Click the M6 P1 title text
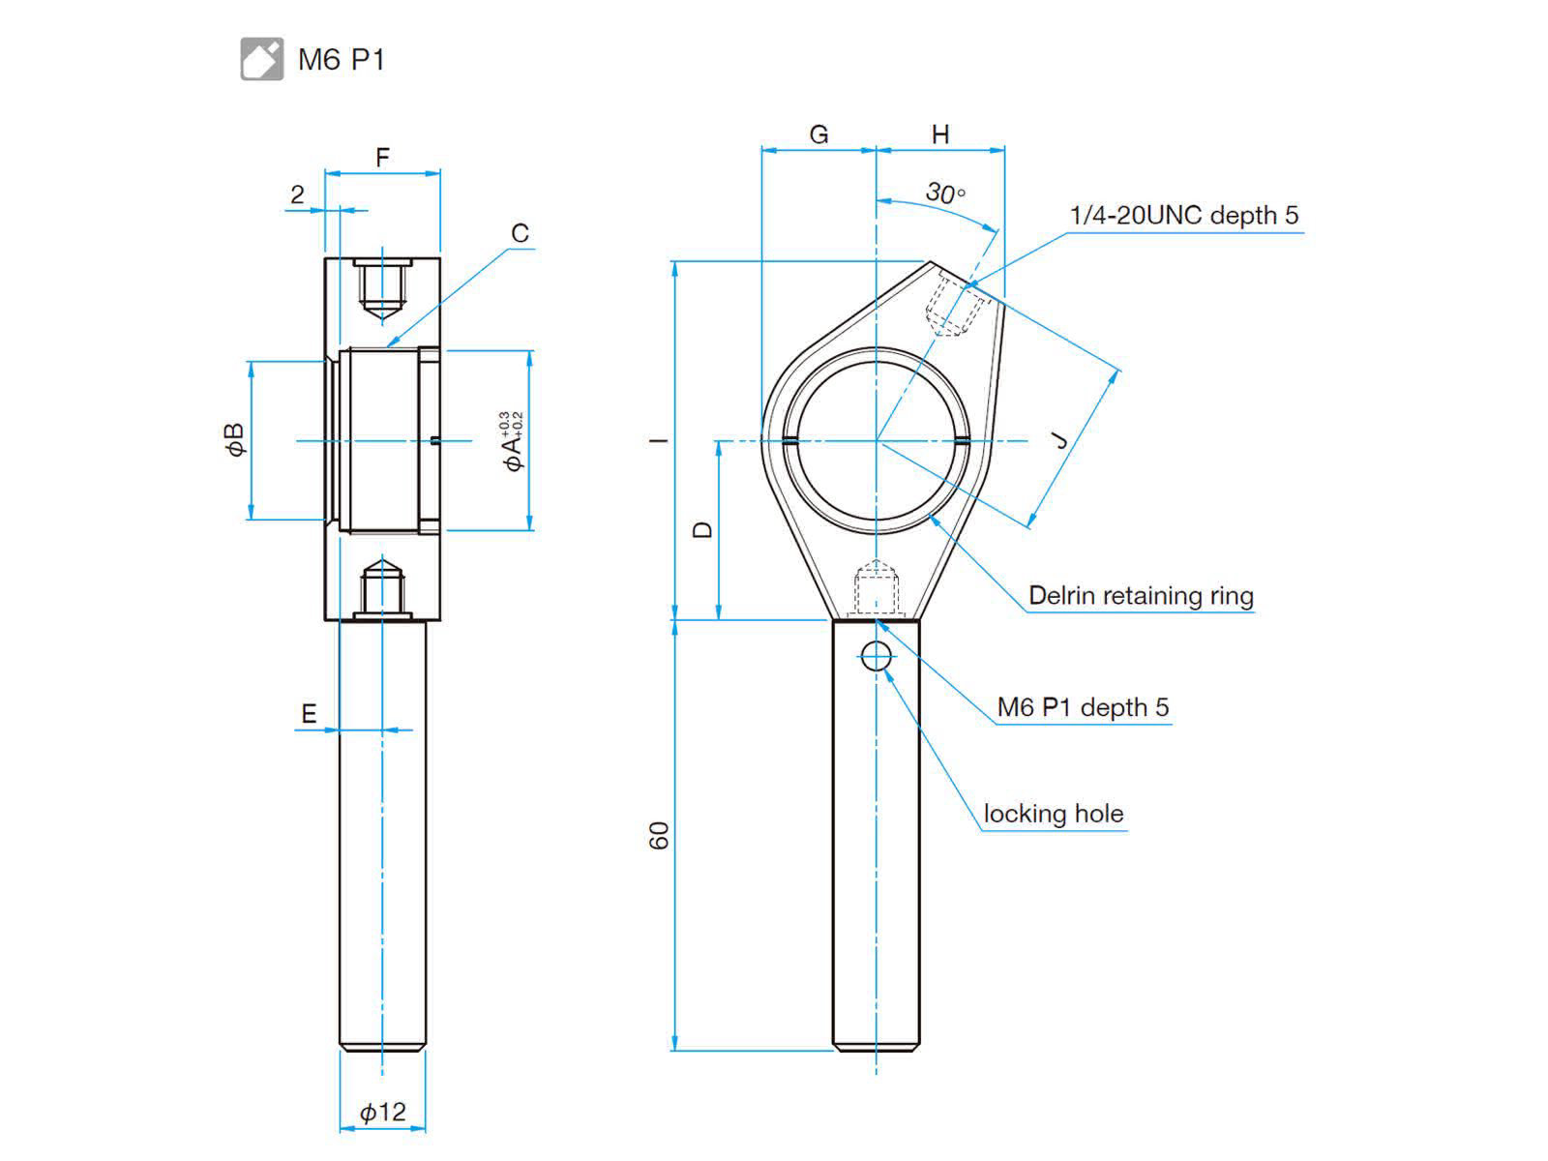click(x=342, y=59)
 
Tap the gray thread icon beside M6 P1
click(x=261, y=58)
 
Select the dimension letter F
click(x=382, y=157)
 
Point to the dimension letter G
click(x=819, y=134)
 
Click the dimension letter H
click(x=940, y=134)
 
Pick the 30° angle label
click(x=945, y=192)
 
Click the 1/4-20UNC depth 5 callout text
click(x=1184, y=215)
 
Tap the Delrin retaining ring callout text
click(x=1141, y=596)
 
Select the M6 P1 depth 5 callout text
click(x=1084, y=707)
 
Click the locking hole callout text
click(x=1054, y=814)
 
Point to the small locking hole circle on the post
click(x=876, y=656)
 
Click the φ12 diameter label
click(x=383, y=1112)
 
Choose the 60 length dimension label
click(x=658, y=835)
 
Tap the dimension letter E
click(x=309, y=713)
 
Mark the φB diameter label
click(x=235, y=440)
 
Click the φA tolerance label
click(x=513, y=442)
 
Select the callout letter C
click(x=520, y=232)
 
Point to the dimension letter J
click(x=1060, y=440)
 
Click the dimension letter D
click(x=703, y=530)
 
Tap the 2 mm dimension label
click(x=298, y=193)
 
